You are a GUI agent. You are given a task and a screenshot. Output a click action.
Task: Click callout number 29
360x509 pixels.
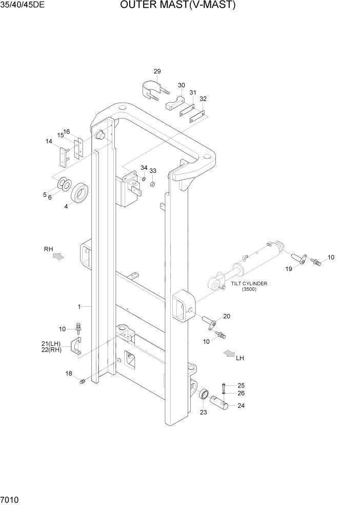157,71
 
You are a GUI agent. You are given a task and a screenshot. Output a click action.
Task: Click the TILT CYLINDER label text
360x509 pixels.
249,283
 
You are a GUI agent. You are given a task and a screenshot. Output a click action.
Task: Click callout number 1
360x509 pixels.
79,307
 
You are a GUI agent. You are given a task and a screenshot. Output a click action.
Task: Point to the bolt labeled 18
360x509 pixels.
82,380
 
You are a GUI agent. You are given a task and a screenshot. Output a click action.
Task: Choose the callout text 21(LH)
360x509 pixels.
51,344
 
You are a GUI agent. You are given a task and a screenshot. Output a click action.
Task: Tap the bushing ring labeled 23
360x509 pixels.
203,396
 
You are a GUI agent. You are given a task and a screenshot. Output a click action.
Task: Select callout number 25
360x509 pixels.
241,385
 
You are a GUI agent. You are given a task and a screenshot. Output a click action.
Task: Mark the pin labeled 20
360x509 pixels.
212,324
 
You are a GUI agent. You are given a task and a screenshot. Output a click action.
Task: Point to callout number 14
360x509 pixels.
49,141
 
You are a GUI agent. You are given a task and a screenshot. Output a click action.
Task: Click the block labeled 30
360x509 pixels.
175,103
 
